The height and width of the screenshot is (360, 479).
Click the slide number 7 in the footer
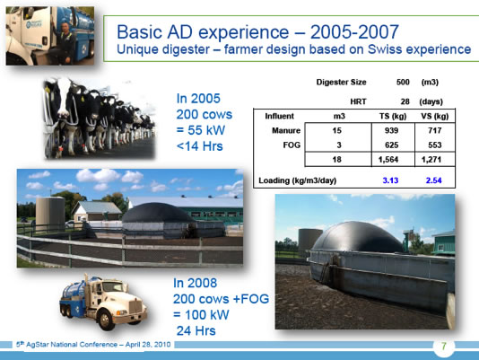(444, 347)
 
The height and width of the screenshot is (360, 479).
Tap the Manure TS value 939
(391, 130)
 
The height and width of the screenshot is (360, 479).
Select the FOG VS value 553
(435, 145)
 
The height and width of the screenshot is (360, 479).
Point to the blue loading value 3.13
(390, 180)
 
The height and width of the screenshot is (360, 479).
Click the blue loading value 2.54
(434, 180)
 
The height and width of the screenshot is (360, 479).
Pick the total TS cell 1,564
(388, 160)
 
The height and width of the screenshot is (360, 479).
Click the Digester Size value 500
(403, 82)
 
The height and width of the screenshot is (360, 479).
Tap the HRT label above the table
(358, 101)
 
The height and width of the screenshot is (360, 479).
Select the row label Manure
(286, 130)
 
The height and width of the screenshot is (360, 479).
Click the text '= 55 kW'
(201, 130)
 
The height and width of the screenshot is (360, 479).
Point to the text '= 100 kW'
(201, 315)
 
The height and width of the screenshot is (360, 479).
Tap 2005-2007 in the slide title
(354, 31)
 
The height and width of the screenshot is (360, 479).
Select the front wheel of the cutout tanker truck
(106, 320)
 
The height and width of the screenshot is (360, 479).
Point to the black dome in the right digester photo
(357, 238)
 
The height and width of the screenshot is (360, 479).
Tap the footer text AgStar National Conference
(72, 345)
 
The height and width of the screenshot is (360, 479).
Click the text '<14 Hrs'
(199, 146)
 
